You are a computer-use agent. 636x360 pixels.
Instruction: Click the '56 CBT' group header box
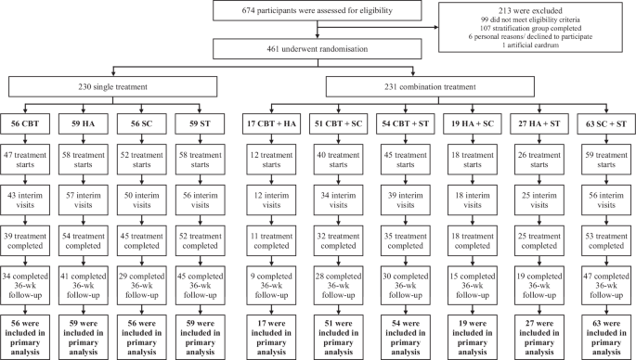pyautogui.click(x=30, y=123)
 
